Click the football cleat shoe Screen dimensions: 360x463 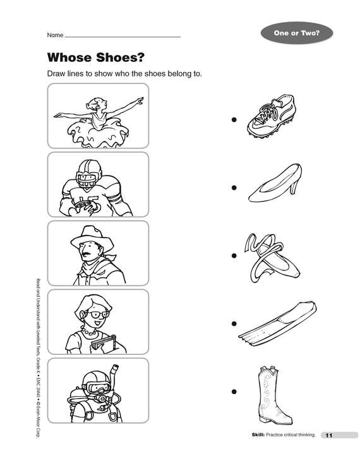click(x=272, y=116)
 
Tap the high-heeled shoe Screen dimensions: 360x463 click(x=275, y=183)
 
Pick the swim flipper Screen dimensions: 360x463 click(x=278, y=323)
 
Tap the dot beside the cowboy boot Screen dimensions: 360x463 click(x=234, y=392)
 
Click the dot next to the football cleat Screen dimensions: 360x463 click(x=234, y=119)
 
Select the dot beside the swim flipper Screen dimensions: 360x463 click(x=234, y=323)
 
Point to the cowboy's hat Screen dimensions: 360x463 click(x=92, y=237)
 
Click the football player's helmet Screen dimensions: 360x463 click(x=88, y=174)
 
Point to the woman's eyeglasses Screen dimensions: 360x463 click(x=97, y=314)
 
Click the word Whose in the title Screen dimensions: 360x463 click(x=68, y=57)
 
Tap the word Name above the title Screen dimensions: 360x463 click(x=55, y=35)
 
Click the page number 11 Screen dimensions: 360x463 click(x=329, y=435)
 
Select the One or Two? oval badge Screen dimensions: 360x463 click(x=296, y=33)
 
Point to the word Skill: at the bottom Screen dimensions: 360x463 click(x=258, y=435)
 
